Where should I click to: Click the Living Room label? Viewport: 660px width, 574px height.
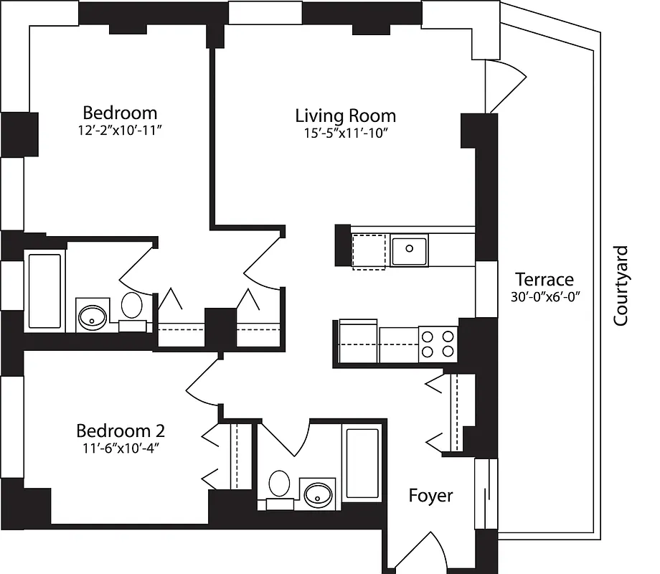345,115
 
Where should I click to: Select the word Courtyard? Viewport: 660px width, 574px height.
621,286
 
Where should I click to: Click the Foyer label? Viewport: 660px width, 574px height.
430,495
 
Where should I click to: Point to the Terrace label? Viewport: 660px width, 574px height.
544,279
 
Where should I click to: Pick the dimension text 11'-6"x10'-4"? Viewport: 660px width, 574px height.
121,448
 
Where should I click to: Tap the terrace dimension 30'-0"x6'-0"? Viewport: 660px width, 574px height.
544,296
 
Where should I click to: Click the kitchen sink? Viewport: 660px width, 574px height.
409,250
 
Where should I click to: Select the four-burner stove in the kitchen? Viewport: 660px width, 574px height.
438,343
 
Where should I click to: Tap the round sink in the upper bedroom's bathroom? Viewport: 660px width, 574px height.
92,316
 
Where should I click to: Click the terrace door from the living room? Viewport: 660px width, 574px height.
506,86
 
